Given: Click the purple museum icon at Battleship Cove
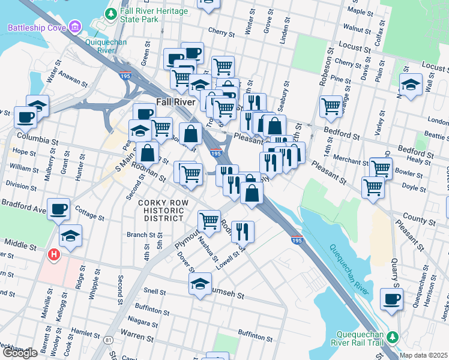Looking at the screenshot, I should point(75,28).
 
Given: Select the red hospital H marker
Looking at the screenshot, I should point(54,255).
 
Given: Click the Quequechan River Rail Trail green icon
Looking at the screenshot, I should point(392,337).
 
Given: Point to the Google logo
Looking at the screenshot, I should point(19,353).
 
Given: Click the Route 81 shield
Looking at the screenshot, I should point(108,340).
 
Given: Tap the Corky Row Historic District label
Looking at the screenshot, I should point(160,211).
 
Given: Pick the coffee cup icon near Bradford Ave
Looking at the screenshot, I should point(59,210).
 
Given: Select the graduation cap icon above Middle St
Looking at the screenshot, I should point(71,236).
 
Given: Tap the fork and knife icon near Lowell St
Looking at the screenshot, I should point(243,231).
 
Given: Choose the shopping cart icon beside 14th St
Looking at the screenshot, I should point(331,106).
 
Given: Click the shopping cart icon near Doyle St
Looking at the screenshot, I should point(373,187).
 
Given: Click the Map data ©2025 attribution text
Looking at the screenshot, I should point(424,355).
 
